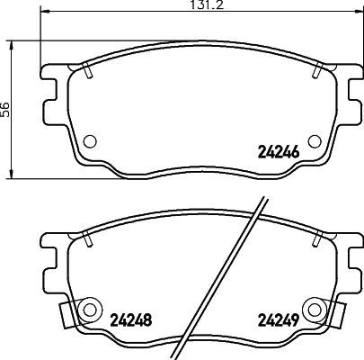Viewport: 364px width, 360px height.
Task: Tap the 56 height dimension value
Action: point(6,107)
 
